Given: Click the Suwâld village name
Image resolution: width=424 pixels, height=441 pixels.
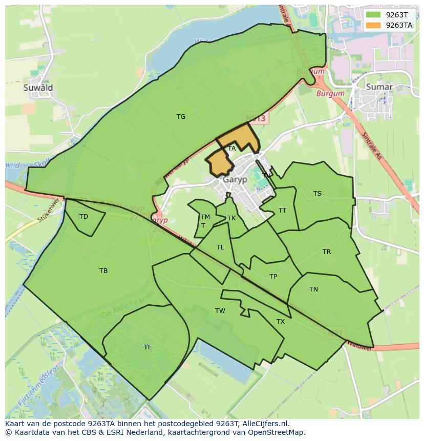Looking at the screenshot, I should coord(38,88).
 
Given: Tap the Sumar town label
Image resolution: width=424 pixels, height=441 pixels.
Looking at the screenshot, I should coord(379,87).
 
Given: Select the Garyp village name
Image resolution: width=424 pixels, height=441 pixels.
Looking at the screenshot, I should coord(235,180).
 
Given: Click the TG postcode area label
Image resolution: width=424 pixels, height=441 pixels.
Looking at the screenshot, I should coord(181,117).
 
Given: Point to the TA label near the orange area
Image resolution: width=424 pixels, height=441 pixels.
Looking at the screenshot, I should coord(232,149).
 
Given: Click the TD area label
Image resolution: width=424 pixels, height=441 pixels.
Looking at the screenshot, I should coord(83,217).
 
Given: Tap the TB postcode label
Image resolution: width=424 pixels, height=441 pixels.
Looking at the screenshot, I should coord(103,271).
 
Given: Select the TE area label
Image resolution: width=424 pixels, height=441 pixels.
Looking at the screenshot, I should coord(148,347).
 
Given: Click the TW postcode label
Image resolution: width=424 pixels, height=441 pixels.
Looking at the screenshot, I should coord(220,311).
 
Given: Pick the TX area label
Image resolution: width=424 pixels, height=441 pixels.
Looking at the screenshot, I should coord(281,322).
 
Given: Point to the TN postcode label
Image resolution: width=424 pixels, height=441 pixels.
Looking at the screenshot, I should coord(313,289).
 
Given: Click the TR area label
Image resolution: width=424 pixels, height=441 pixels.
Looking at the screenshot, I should coord(327,252).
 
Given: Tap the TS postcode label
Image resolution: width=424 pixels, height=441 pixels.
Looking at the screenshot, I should coord(317,194).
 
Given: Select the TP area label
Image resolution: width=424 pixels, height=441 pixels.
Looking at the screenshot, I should coord(273,277).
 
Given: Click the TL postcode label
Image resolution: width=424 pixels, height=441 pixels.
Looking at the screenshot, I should coord(220,247).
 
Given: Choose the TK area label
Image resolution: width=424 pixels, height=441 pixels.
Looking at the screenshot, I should coord(231,218).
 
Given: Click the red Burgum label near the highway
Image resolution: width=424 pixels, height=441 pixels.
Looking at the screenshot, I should coord(327,94).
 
